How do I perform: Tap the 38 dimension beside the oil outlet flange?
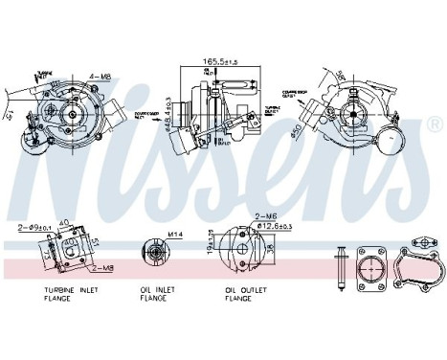click(272, 251)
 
